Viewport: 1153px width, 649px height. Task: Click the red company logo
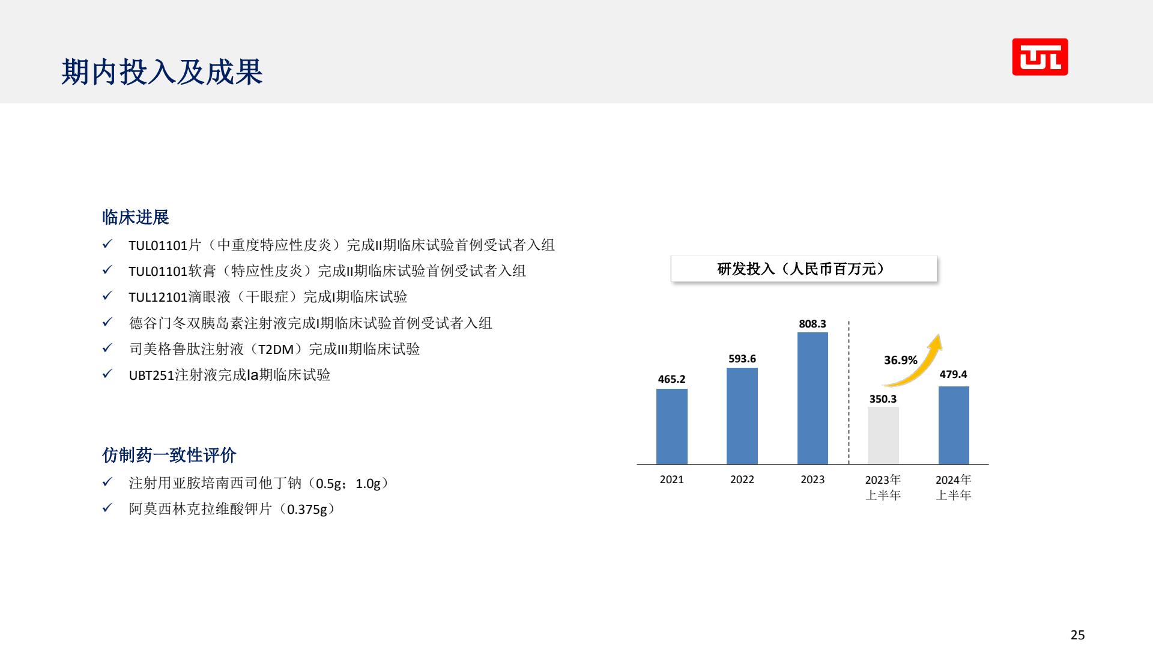pos(1040,57)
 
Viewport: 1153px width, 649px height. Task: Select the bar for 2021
pos(671,427)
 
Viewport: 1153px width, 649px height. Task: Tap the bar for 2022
pos(742,416)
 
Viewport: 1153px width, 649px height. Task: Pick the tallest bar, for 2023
pos(813,398)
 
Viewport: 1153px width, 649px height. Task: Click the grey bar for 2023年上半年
pos(883,436)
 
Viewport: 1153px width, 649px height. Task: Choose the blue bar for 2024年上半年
pos(954,425)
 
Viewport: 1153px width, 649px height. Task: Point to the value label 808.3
pos(813,324)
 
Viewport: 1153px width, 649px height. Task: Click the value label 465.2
pos(671,379)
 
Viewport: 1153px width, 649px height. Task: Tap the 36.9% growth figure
pos(901,360)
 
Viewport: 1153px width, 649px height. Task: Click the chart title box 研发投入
pos(803,269)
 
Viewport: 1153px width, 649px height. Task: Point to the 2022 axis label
pos(742,480)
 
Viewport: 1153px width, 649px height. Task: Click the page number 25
pos(1078,635)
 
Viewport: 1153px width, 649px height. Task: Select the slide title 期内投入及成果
pos(162,72)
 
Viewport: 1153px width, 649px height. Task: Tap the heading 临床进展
pos(136,217)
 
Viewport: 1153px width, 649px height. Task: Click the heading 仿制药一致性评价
pos(169,455)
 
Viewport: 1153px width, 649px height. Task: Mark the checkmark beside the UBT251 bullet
pos(107,374)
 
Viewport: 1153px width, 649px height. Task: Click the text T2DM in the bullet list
pos(276,349)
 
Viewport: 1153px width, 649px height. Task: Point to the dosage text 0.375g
pos(307,510)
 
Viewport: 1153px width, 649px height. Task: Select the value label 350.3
pos(883,399)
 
